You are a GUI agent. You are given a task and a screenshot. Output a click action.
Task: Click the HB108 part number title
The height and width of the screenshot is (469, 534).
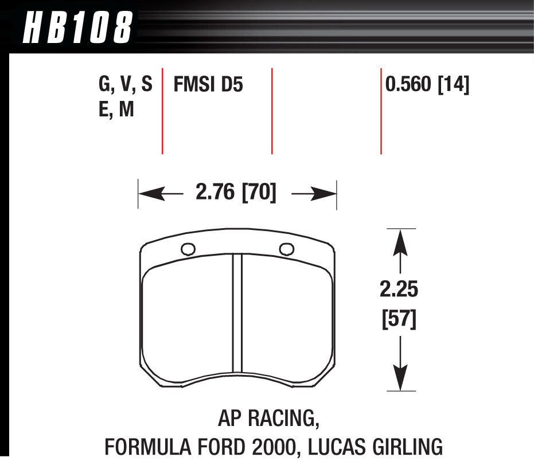point(77,28)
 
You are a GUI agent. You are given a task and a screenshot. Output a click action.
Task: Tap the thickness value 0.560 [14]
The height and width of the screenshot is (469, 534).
point(427,85)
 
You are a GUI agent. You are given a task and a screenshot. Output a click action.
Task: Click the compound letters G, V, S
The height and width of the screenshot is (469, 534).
point(126,85)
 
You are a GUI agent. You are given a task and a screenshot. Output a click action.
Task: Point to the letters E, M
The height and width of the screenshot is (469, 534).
point(116,109)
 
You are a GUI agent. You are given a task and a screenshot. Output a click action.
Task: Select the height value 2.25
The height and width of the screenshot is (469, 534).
point(399,290)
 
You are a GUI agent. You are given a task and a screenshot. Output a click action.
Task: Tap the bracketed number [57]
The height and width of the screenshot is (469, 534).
point(399,319)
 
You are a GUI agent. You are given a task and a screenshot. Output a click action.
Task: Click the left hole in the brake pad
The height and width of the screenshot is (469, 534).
point(188,249)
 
